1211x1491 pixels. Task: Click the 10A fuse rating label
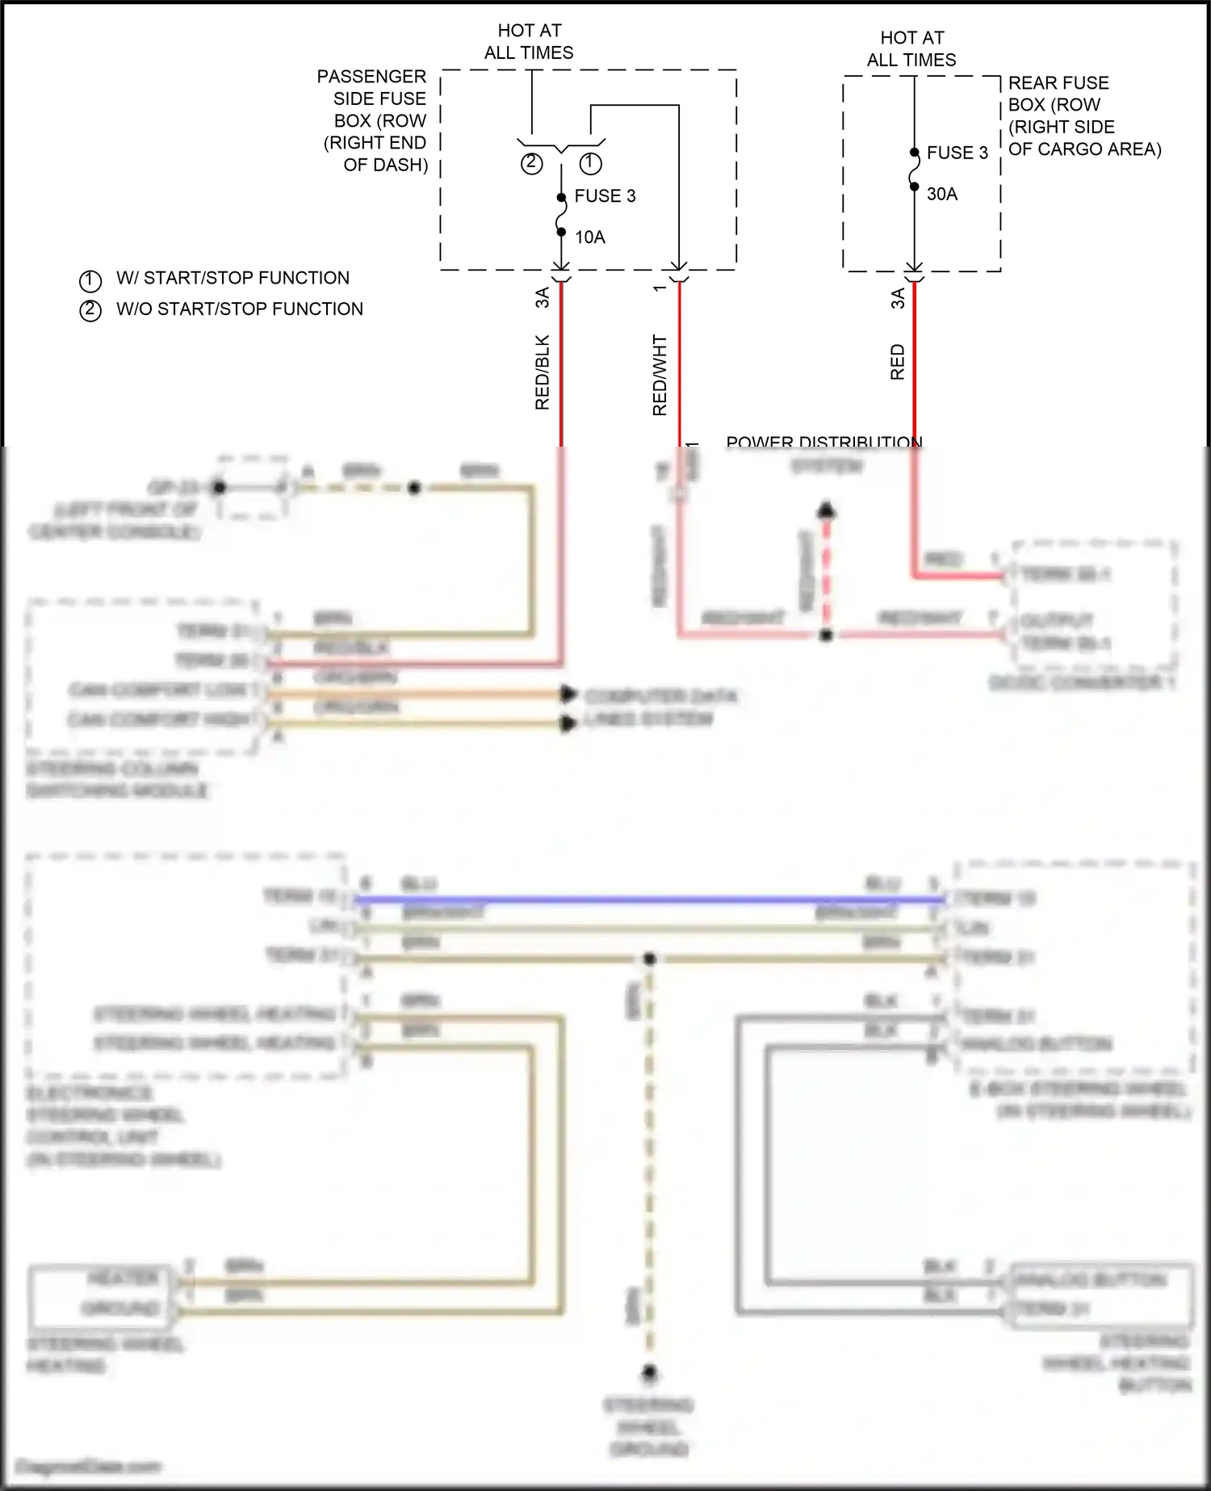click(589, 237)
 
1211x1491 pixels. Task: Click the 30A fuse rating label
click(941, 194)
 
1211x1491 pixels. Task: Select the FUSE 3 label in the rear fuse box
click(957, 153)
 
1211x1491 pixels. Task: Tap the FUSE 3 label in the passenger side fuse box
click(605, 195)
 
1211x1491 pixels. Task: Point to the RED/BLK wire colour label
click(542, 372)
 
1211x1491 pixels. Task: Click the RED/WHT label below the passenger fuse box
click(660, 376)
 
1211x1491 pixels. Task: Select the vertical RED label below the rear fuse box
click(897, 362)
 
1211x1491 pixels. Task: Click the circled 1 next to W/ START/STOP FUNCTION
click(90, 280)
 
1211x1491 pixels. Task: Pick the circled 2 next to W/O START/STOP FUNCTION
click(90, 310)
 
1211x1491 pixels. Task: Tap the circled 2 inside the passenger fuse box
click(530, 163)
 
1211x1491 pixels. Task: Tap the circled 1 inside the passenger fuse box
click(590, 163)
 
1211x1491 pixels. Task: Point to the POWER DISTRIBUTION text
click(823, 442)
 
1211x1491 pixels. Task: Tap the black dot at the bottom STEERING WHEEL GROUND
click(649, 1372)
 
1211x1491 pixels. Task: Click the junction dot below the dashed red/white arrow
click(825, 635)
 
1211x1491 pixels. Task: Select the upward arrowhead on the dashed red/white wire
click(825, 510)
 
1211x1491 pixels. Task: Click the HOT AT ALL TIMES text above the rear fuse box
click(911, 48)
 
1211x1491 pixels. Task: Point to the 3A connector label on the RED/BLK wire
click(542, 297)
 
